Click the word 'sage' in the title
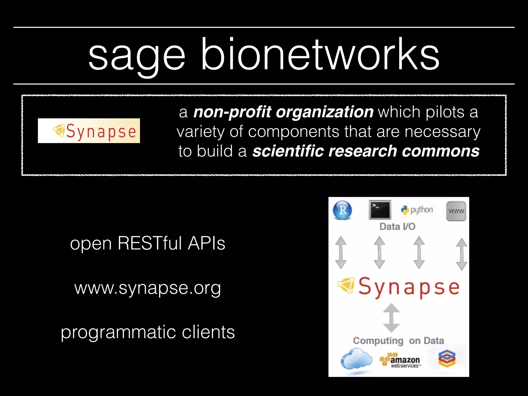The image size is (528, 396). (x=137, y=55)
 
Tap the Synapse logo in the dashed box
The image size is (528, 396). (x=89, y=131)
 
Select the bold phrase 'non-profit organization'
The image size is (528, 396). (x=283, y=112)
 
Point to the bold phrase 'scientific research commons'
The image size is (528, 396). (x=366, y=151)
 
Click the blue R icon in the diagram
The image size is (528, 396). (x=342, y=210)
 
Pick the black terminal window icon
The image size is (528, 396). (x=380, y=210)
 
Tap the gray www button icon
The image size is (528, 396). (x=456, y=211)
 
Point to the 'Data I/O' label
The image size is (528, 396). (x=397, y=227)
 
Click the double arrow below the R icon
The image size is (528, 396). (x=341, y=253)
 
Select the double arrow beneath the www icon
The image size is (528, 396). (x=461, y=254)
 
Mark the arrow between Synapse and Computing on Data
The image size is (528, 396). (x=391, y=318)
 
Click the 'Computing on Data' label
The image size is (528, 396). (x=398, y=341)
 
